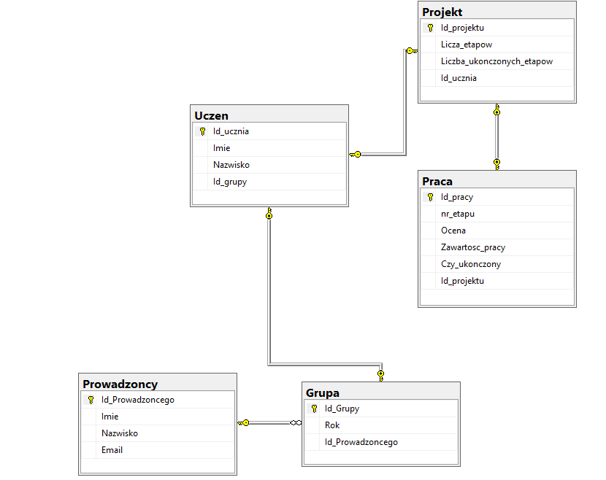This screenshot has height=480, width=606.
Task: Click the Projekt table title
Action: click(442, 12)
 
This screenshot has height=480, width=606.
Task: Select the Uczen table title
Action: click(211, 115)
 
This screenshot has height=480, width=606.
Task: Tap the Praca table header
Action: click(437, 181)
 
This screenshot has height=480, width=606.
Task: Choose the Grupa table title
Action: click(322, 392)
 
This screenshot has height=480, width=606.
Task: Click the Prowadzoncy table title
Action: click(120, 384)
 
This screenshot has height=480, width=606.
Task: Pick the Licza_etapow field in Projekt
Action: click(467, 44)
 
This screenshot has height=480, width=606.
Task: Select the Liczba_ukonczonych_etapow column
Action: click(496, 61)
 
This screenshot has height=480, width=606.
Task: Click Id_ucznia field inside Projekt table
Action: click(459, 78)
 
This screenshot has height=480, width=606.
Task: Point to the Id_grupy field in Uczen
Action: click(230, 182)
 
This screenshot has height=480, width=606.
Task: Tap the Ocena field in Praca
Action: click(453, 231)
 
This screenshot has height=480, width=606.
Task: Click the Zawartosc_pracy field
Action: click(473, 247)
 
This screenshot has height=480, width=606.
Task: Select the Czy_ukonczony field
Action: click(471, 264)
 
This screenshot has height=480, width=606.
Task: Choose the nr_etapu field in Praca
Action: click(458, 214)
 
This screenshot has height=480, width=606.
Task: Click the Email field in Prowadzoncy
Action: click(112, 450)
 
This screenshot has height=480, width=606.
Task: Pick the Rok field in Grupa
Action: click(332, 425)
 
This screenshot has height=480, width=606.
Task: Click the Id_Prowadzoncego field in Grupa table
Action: click(361, 442)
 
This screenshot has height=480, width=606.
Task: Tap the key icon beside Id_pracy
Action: click(430, 197)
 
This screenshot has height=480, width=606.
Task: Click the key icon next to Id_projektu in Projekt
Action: click(430, 28)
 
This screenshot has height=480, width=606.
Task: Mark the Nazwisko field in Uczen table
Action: click(231, 165)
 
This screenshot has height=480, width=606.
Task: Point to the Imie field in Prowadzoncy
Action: click(110, 417)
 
